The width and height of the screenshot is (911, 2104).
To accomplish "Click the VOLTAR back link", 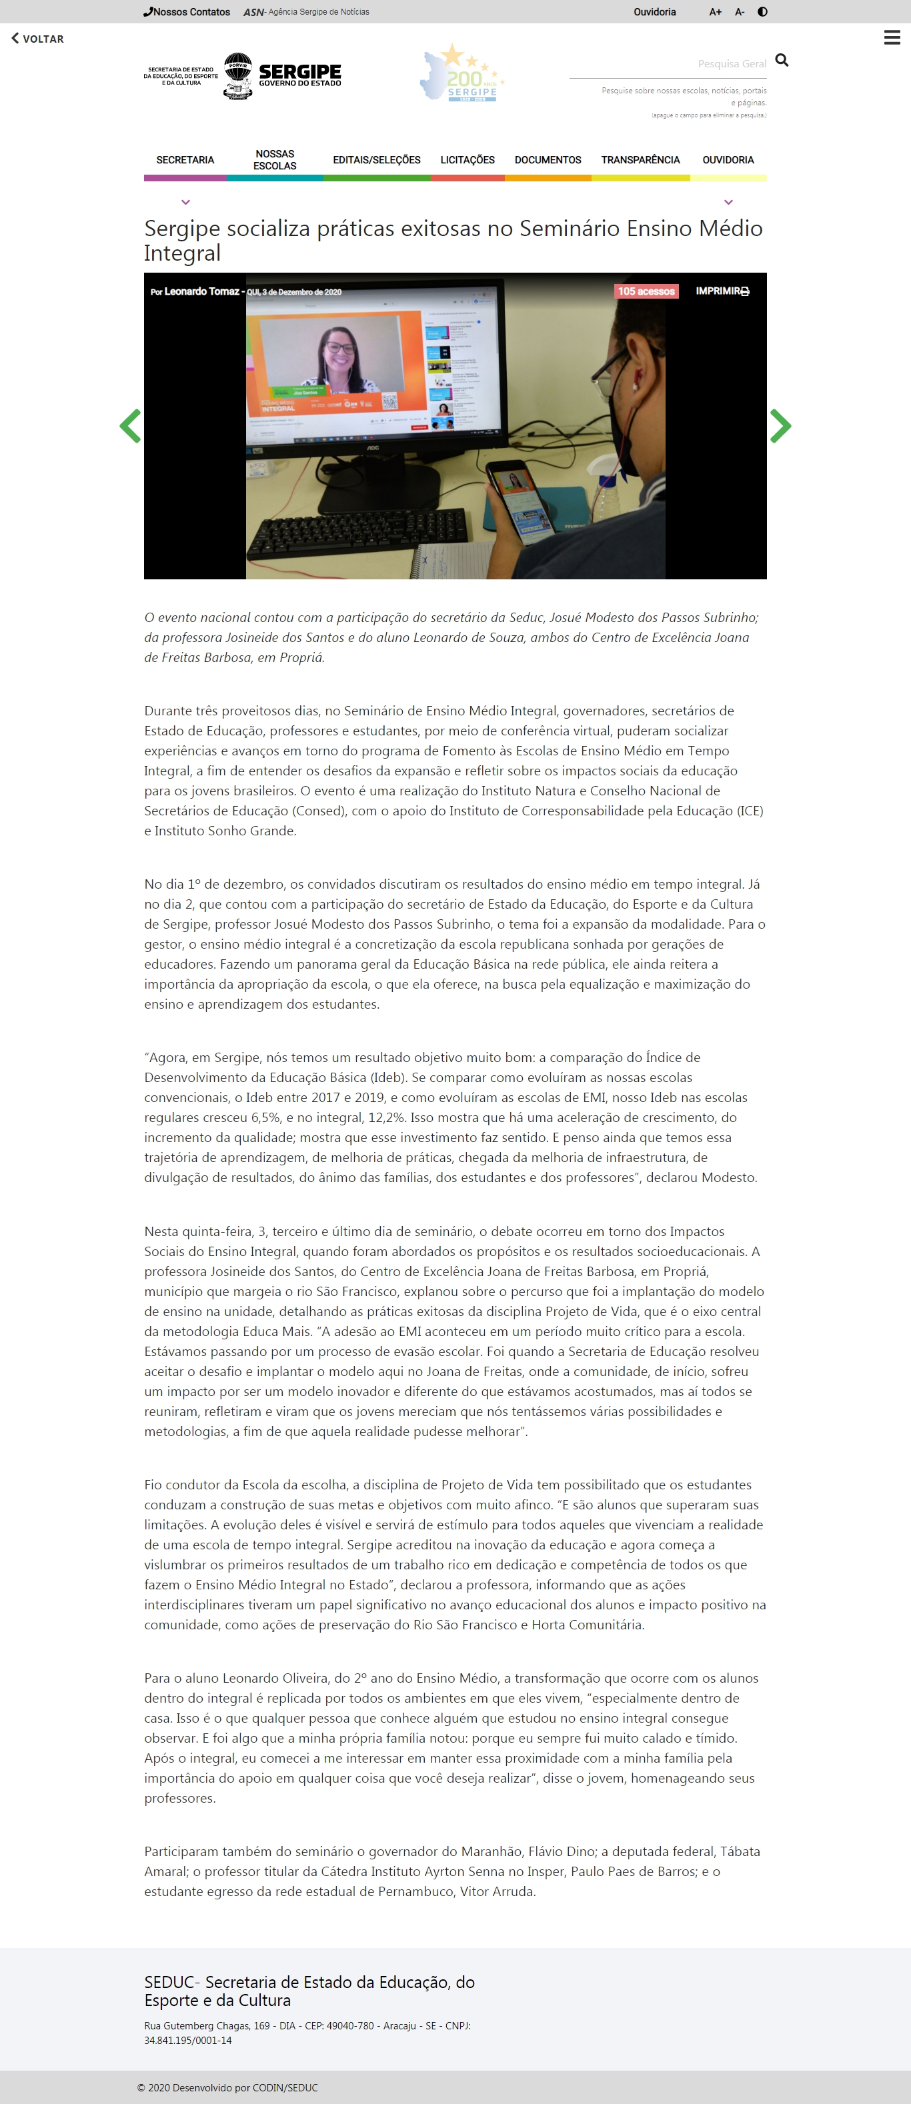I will click(x=37, y=39).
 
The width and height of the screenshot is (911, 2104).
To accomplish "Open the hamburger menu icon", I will click(x=892, y=37).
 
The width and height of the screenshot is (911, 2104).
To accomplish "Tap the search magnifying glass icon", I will click(x=781, y=61).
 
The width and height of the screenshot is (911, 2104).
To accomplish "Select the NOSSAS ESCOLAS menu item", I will click(x=275, y=160).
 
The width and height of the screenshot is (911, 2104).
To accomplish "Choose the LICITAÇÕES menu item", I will click(x=468, y=160).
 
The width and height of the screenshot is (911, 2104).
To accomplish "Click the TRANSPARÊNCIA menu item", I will click(x=640, y=160).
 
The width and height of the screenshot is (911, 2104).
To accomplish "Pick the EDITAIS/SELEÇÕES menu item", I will click(x=377, y=160).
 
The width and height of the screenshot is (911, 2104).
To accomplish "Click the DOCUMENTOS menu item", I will click(x=548, y=160).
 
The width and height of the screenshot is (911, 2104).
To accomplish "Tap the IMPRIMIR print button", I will click(x=722, y=291).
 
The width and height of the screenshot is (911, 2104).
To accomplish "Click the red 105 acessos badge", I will click(x=646, y=291).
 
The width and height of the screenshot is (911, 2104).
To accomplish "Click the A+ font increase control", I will click(x=715, y=12).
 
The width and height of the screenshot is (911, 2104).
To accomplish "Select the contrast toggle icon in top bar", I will click(x=762, y=12).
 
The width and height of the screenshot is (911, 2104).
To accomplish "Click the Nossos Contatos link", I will click(x=187, y=12).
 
